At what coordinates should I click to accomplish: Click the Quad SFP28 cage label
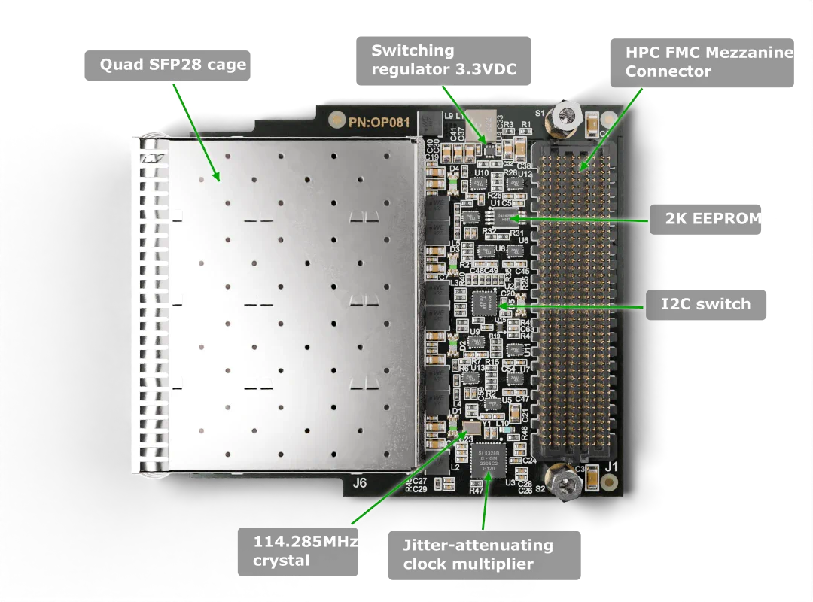pos(173,65)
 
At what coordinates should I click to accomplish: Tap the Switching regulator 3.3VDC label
pos(443,61)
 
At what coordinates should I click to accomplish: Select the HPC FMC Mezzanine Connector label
pos(708,62)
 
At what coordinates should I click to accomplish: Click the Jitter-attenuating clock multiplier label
pos(477,555)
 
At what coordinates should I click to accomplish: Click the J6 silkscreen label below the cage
pos(360,482)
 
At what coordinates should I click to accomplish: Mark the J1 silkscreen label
pos(611,467)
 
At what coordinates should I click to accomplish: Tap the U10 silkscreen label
pos(482,174)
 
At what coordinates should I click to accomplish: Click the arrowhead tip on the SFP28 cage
pos(218,180)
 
